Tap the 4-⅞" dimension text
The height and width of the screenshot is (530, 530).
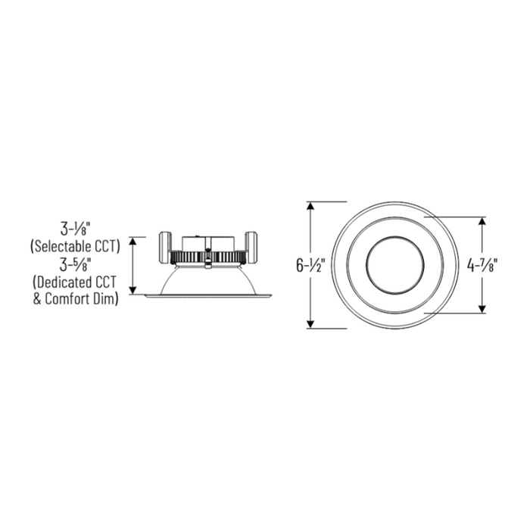[482, 266]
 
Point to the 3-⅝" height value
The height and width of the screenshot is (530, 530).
[75, 266]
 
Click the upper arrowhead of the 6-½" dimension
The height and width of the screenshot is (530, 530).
[310, 206]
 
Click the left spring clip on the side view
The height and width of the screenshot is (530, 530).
[165, 247]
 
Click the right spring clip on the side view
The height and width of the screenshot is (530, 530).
[250, 247]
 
